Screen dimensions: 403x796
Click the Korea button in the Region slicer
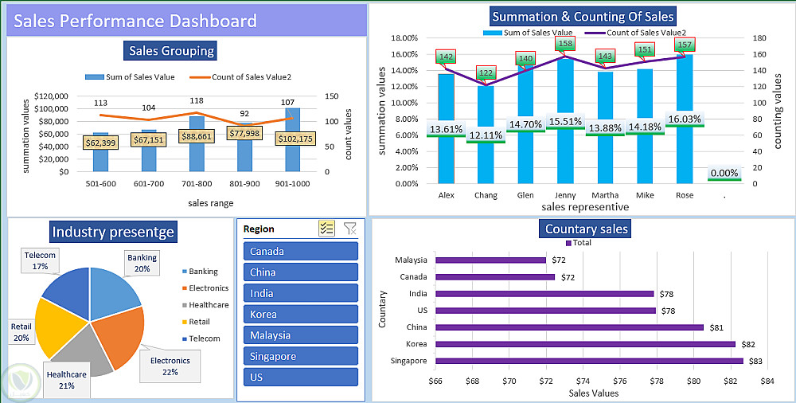300,315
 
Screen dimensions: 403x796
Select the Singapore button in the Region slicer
300,356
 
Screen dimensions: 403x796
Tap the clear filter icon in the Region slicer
349,229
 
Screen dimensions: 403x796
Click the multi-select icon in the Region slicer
326,229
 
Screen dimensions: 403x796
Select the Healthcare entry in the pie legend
208,305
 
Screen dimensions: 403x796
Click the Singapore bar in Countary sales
589,361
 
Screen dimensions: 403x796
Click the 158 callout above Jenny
566,44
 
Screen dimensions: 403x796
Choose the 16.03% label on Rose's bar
685,119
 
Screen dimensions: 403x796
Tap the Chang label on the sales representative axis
486,195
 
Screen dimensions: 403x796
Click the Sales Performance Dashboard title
135,21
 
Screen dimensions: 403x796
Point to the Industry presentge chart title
113,233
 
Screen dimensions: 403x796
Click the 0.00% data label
724,173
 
